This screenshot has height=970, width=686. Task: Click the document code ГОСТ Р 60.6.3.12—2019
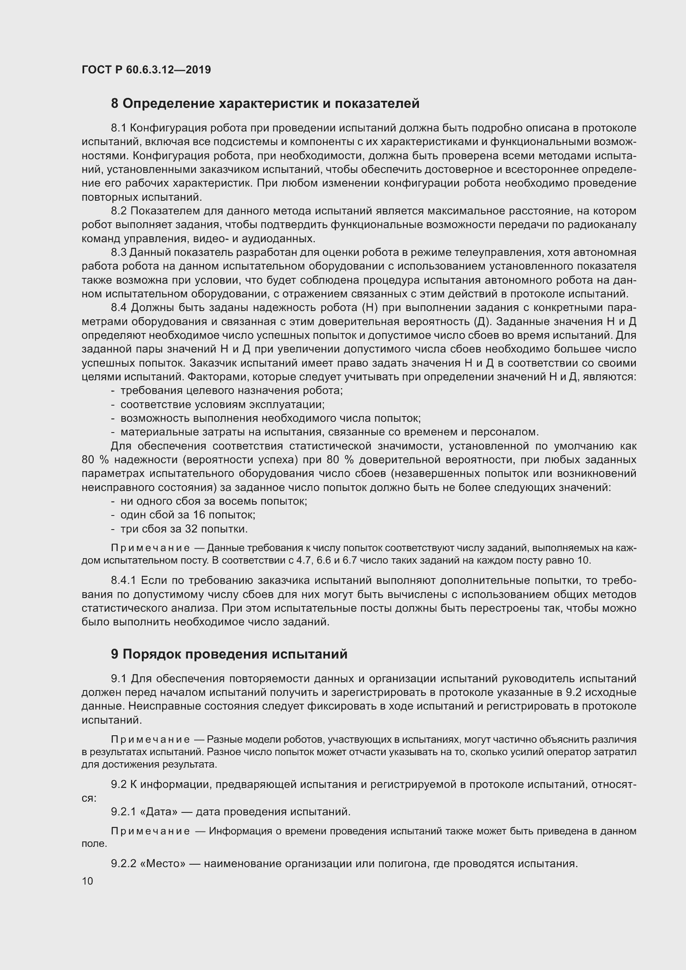point(146,70)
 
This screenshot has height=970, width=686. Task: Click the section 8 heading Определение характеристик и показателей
point(265,104)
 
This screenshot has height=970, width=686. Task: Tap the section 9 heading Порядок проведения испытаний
point(229,654)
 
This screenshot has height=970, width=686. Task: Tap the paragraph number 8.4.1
point(123,581)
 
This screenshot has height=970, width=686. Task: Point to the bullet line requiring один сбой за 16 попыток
point(187,515)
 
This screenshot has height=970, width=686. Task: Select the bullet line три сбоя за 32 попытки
point(184,529)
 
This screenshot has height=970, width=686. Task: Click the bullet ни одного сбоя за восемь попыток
point(213,501)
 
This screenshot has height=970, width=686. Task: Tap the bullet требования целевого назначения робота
point(231,390)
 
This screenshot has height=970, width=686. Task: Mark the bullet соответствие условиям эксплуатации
point(222,404)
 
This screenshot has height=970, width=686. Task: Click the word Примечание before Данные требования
point(150,548)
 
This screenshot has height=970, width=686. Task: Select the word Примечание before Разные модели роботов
point(150,740)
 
